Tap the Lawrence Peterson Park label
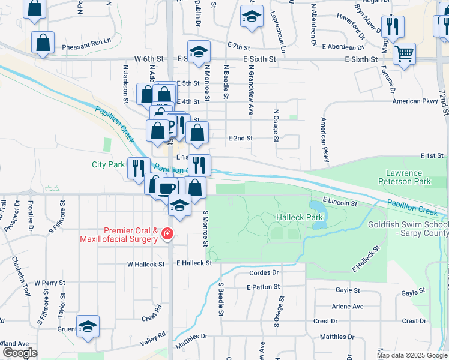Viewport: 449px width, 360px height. point(404,176)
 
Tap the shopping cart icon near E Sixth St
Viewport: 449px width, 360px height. point(405,54)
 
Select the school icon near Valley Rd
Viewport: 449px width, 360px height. point(88,326)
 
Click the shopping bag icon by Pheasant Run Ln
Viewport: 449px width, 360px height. point(43,43)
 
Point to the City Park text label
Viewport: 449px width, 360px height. point(108,164)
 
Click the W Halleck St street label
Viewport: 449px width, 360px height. point(145,264)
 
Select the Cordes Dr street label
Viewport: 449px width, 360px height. point(264,272)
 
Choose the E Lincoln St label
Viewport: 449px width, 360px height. point(340,199)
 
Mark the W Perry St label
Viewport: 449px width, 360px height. point(49,282)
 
